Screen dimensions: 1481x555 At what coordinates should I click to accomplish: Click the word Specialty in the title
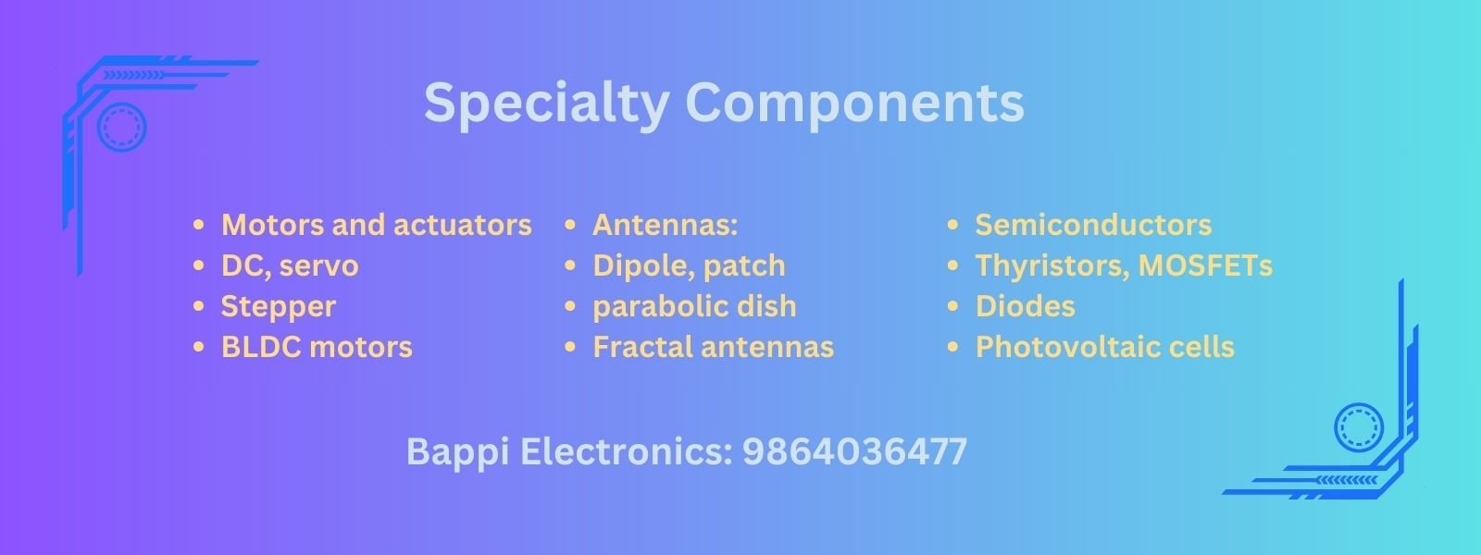point(545,105)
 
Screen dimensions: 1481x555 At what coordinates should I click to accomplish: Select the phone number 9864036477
point(854,452)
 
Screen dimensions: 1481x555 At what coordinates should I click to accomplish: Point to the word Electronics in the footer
point(626,452)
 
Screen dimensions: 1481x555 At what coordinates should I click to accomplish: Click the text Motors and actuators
point(376,225)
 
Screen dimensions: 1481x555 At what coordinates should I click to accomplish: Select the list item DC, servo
point(290,266)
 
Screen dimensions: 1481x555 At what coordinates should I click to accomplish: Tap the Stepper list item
point(279,307)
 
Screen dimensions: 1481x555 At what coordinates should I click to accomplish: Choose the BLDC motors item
point(317,347)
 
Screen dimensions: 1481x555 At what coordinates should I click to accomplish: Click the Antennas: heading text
point(666,225)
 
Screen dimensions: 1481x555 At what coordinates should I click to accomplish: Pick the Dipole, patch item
point(689,266)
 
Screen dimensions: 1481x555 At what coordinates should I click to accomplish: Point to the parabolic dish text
point(694,307)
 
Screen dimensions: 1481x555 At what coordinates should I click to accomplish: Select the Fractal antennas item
point(714,347)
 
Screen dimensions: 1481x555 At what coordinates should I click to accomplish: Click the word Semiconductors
point(1093,225)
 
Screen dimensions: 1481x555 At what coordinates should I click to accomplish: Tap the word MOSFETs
point(1205,265)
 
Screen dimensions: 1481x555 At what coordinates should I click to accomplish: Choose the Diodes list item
point(1026,306)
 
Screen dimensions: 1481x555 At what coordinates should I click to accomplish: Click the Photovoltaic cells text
point(1105,347)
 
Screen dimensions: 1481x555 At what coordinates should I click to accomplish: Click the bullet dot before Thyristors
point(952,265)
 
